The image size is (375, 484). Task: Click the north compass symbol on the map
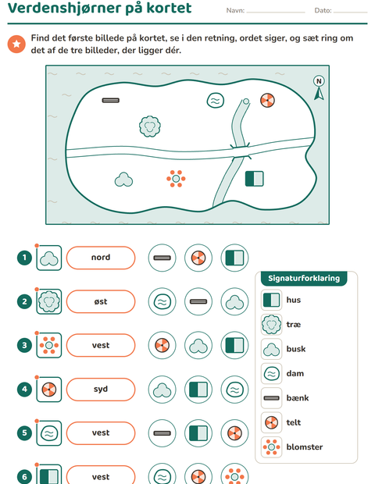coord(319,87)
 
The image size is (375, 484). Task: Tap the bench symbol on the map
coord(111,101)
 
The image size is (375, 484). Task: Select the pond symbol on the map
coord(216,101)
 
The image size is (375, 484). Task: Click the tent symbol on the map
coord(267,101)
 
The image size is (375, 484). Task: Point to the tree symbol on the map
coord(150,126)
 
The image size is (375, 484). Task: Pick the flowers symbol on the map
coord(176,179)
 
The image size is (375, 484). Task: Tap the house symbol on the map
coord(254,179)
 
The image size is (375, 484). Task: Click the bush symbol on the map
coord(123,180)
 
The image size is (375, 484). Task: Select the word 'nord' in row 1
coord(101,258)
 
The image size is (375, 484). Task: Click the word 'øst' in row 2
coord(101,301)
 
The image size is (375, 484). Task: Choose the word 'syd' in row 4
coord(101,390)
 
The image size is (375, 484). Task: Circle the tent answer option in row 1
coord(198,258)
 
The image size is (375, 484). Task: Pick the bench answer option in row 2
coord(198,301)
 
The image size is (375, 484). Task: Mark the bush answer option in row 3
coord(198,345)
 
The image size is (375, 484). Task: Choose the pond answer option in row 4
coord(234,390)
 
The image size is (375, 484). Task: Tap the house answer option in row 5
coord(198,433)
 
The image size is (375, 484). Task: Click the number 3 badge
coord(24,345)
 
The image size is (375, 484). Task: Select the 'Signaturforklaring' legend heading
coord(304,279)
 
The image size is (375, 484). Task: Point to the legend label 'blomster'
coord(304,447)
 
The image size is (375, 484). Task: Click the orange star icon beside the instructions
coord(16,44)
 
